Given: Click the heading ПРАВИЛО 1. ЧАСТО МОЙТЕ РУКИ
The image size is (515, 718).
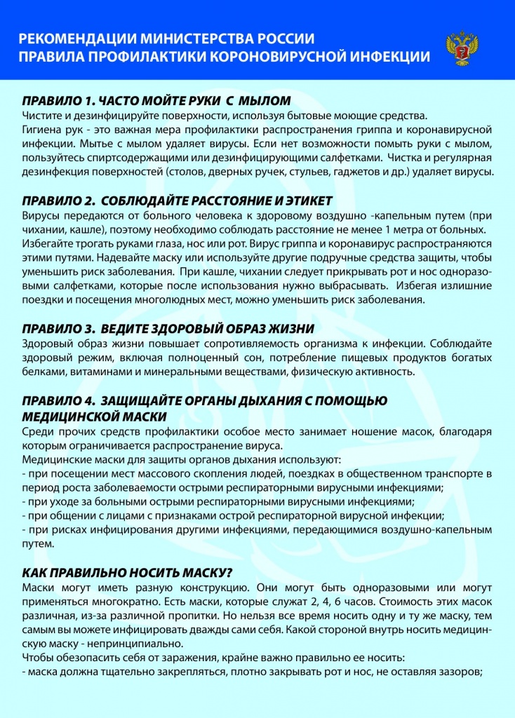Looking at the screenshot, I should click(156, 100).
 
